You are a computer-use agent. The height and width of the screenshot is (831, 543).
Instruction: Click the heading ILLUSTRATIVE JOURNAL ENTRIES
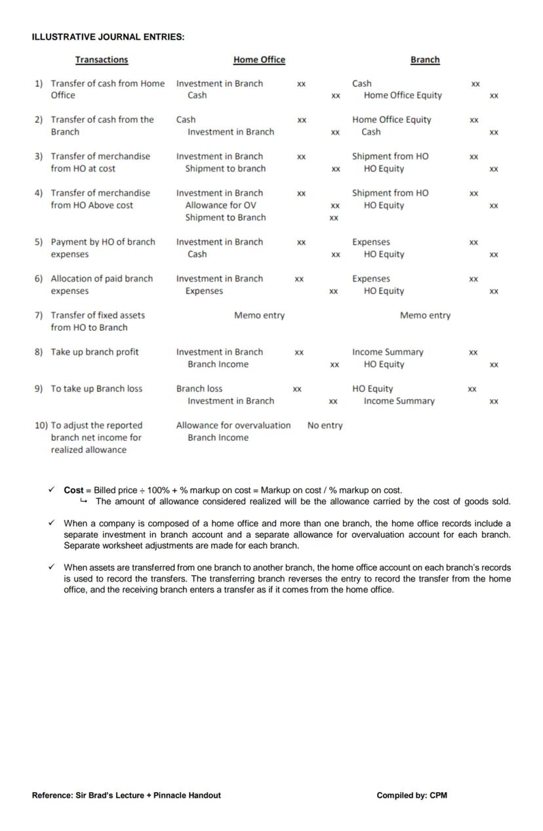108,37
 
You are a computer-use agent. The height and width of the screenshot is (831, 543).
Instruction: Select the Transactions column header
102,60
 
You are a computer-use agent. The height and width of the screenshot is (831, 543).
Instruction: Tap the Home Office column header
259,60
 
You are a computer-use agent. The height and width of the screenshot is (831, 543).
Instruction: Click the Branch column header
425,60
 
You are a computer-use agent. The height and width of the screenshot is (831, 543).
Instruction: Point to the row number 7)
39,315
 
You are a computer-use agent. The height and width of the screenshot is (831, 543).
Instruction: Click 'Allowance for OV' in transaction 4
220,205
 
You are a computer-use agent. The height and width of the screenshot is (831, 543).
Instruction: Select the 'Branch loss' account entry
199,389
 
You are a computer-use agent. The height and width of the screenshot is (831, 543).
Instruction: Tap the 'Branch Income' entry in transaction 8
218,364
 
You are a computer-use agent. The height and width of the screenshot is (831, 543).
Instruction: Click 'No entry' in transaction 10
325,425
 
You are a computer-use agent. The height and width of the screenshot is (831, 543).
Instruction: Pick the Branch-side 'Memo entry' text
425,316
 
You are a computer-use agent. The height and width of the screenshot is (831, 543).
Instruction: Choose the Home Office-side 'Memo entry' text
259,316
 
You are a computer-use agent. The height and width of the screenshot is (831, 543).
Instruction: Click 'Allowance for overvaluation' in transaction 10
233,425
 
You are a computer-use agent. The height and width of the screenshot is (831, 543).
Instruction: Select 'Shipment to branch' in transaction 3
225,169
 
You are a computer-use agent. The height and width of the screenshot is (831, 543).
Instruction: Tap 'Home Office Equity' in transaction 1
403,95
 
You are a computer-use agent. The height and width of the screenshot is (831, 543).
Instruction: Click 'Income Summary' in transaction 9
399,401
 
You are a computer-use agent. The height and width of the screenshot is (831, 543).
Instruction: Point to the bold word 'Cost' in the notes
73,490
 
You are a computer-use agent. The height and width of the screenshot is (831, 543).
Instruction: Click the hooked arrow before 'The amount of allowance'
83,501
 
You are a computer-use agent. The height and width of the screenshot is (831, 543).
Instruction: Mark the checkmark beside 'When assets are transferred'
51,567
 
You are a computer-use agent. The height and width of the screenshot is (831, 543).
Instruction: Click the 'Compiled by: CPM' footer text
412,796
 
